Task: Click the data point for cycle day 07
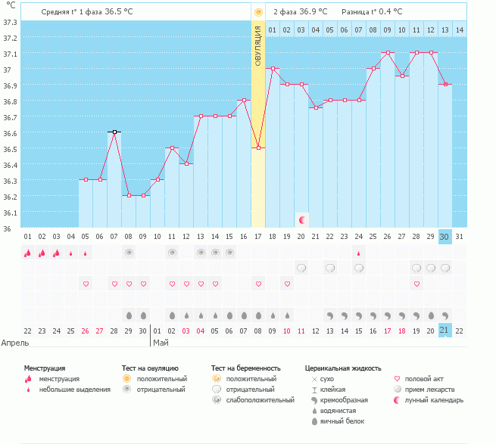114,132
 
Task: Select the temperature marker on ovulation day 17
258,148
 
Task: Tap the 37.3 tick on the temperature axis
10,23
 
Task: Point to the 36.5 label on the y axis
10,149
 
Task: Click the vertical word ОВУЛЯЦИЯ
257,46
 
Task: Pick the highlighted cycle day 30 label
445,237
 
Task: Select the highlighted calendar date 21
445,331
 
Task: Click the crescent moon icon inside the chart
301,220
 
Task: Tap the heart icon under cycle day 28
416,284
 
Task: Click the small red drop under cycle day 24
358,253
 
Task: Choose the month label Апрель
15,343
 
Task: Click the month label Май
161,343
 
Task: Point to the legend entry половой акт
424,379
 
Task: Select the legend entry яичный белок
342,421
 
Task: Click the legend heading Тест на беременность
246,368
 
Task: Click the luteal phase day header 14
460,30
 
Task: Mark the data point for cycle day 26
388,52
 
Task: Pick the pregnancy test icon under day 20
301,269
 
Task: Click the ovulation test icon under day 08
129,253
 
